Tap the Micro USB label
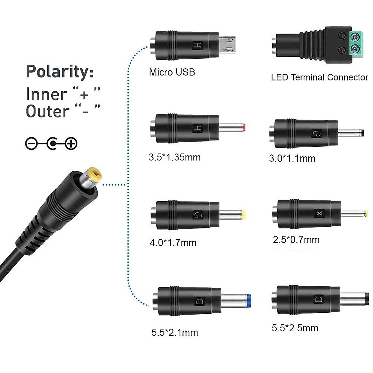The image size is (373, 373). pyautogui.click(x=172, y=72)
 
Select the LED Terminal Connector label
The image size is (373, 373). pyautogui.click(x=319, y=77)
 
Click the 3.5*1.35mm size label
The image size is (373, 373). pyautogui.click(x=174, y=157)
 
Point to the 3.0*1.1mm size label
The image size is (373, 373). pyautogui.click(x=292, y=159)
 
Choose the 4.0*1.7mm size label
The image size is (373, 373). pyautogui.click(x=173, y=242)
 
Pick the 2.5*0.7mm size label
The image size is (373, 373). pyautogui.click(x=296, y=240)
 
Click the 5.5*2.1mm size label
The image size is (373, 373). pyautogui.click(x=174, y=333)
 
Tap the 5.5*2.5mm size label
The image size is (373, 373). pyautogui.click(x=295, y=328)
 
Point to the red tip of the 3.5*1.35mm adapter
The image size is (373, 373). pyautogui.click(x=245, y=127)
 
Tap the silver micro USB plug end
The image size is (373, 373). pyautogui.click(x=228, y=44)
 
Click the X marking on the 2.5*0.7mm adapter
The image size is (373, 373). pyautogui.click(x=319, y=214)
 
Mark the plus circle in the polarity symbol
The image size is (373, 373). pyautogui.click(x=72, y=144)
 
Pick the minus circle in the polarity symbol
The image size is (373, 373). pyautogui.click(x=31, y=144)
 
